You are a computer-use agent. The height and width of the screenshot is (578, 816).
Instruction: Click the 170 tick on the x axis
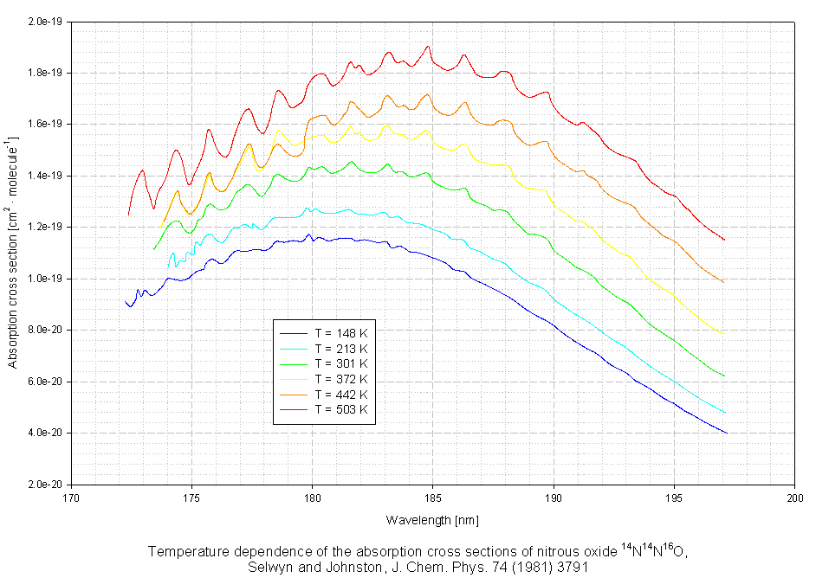point(72,498)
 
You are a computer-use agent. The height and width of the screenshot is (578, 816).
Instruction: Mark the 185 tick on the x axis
point(433,498)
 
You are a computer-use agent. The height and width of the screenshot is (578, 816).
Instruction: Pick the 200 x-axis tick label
point(794,498)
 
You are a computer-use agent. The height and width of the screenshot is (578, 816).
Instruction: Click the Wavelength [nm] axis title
point(432,520)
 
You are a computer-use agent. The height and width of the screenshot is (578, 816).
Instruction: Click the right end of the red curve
point(724,240)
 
